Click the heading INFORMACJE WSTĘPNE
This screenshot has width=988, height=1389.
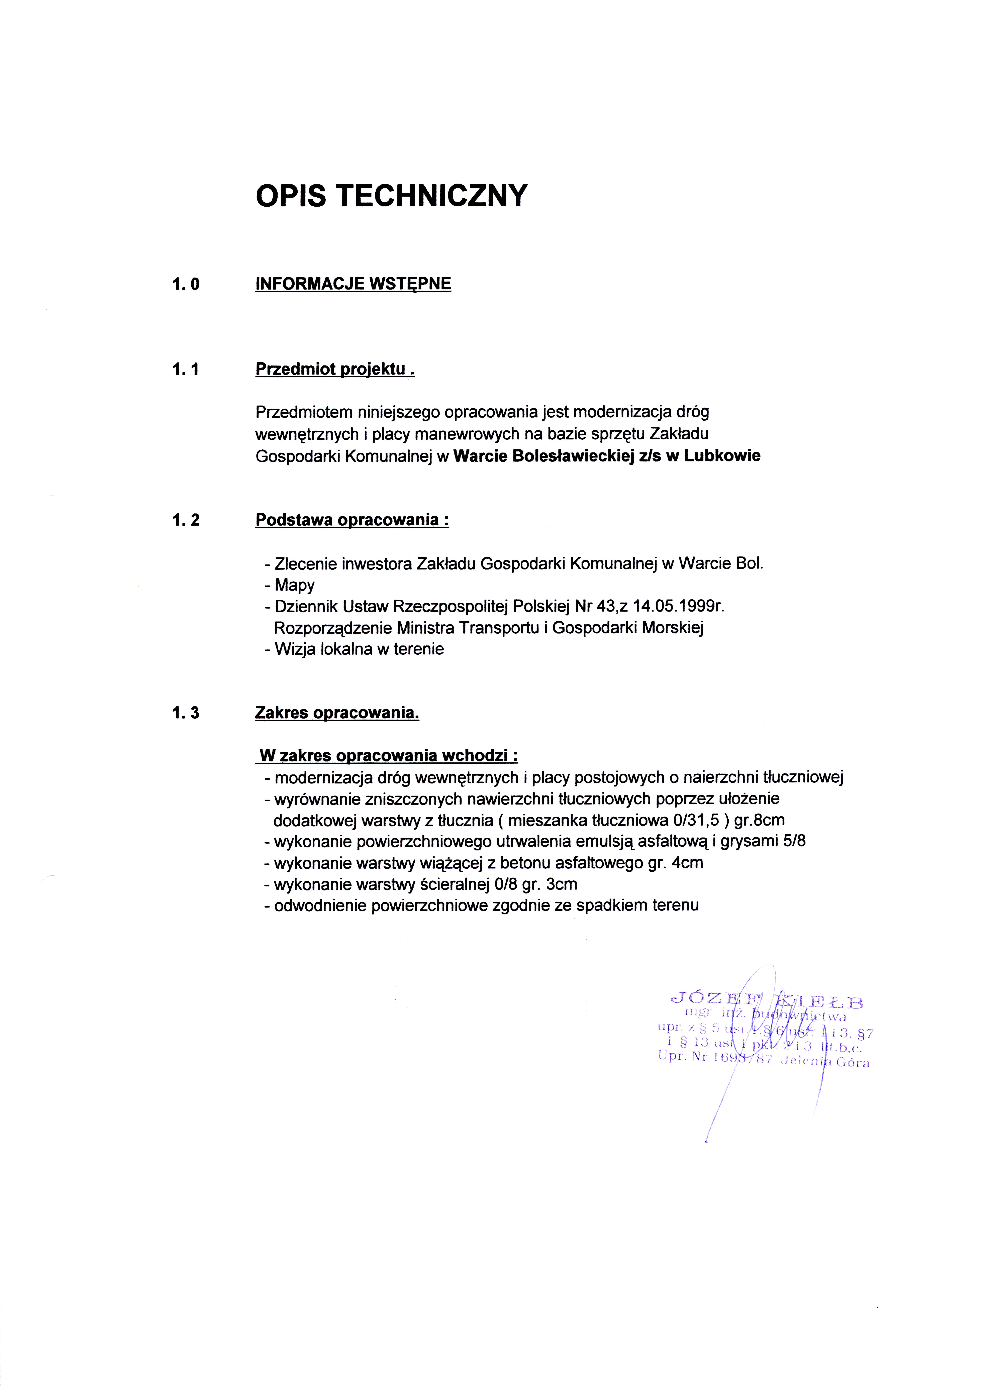pyautogui.click(x=353, y=284)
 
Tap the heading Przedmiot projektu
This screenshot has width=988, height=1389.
pyautogui.click(x=335, y=369)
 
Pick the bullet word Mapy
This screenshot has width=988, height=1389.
pyautogui.click(x=294, y=585)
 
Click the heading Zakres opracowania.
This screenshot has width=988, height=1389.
pyautogui.click(x=337, y=713)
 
